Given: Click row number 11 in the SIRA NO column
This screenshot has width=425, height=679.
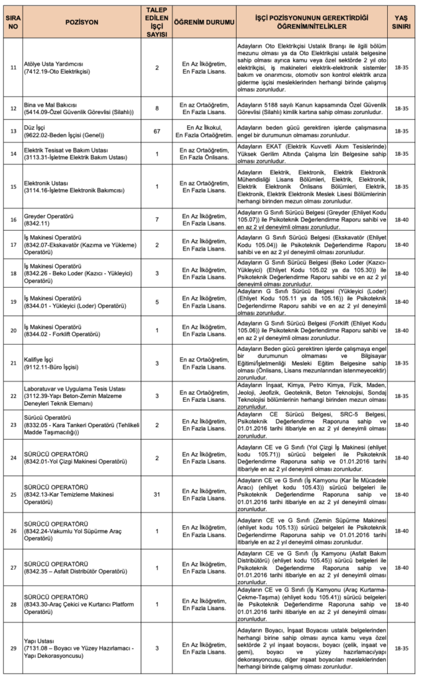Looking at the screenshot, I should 13,68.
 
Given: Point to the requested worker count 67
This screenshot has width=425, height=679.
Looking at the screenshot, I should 157,131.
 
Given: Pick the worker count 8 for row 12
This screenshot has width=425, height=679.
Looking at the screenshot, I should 157,107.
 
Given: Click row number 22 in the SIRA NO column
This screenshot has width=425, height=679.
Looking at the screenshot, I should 13,396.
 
